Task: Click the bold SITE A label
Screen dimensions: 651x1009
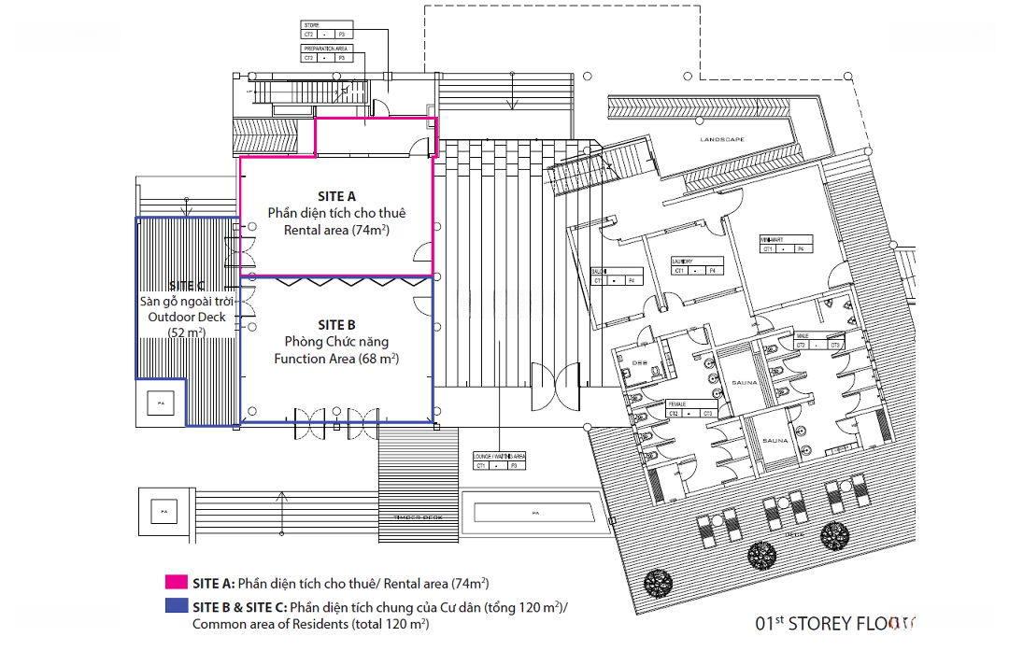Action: pyautogui.click(x=336, y=196)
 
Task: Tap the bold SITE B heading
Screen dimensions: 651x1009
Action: pyautogui.click(x=336, y=325)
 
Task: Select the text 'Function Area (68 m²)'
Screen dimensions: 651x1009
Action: pyautogui.click(x=336, y=359)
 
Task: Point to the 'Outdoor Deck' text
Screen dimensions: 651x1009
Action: pyautogui.click(x=187, y=317)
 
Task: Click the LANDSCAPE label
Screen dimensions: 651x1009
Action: pyautogui.click(x=723, y=140)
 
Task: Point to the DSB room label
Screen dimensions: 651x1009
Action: pyautogui.click(x=641, y=362)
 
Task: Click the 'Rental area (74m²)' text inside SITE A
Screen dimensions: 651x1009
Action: pyautogui.click(x=336, y=230)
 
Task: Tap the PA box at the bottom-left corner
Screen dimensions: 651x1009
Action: pyautogui.click(x=163, y=511)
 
